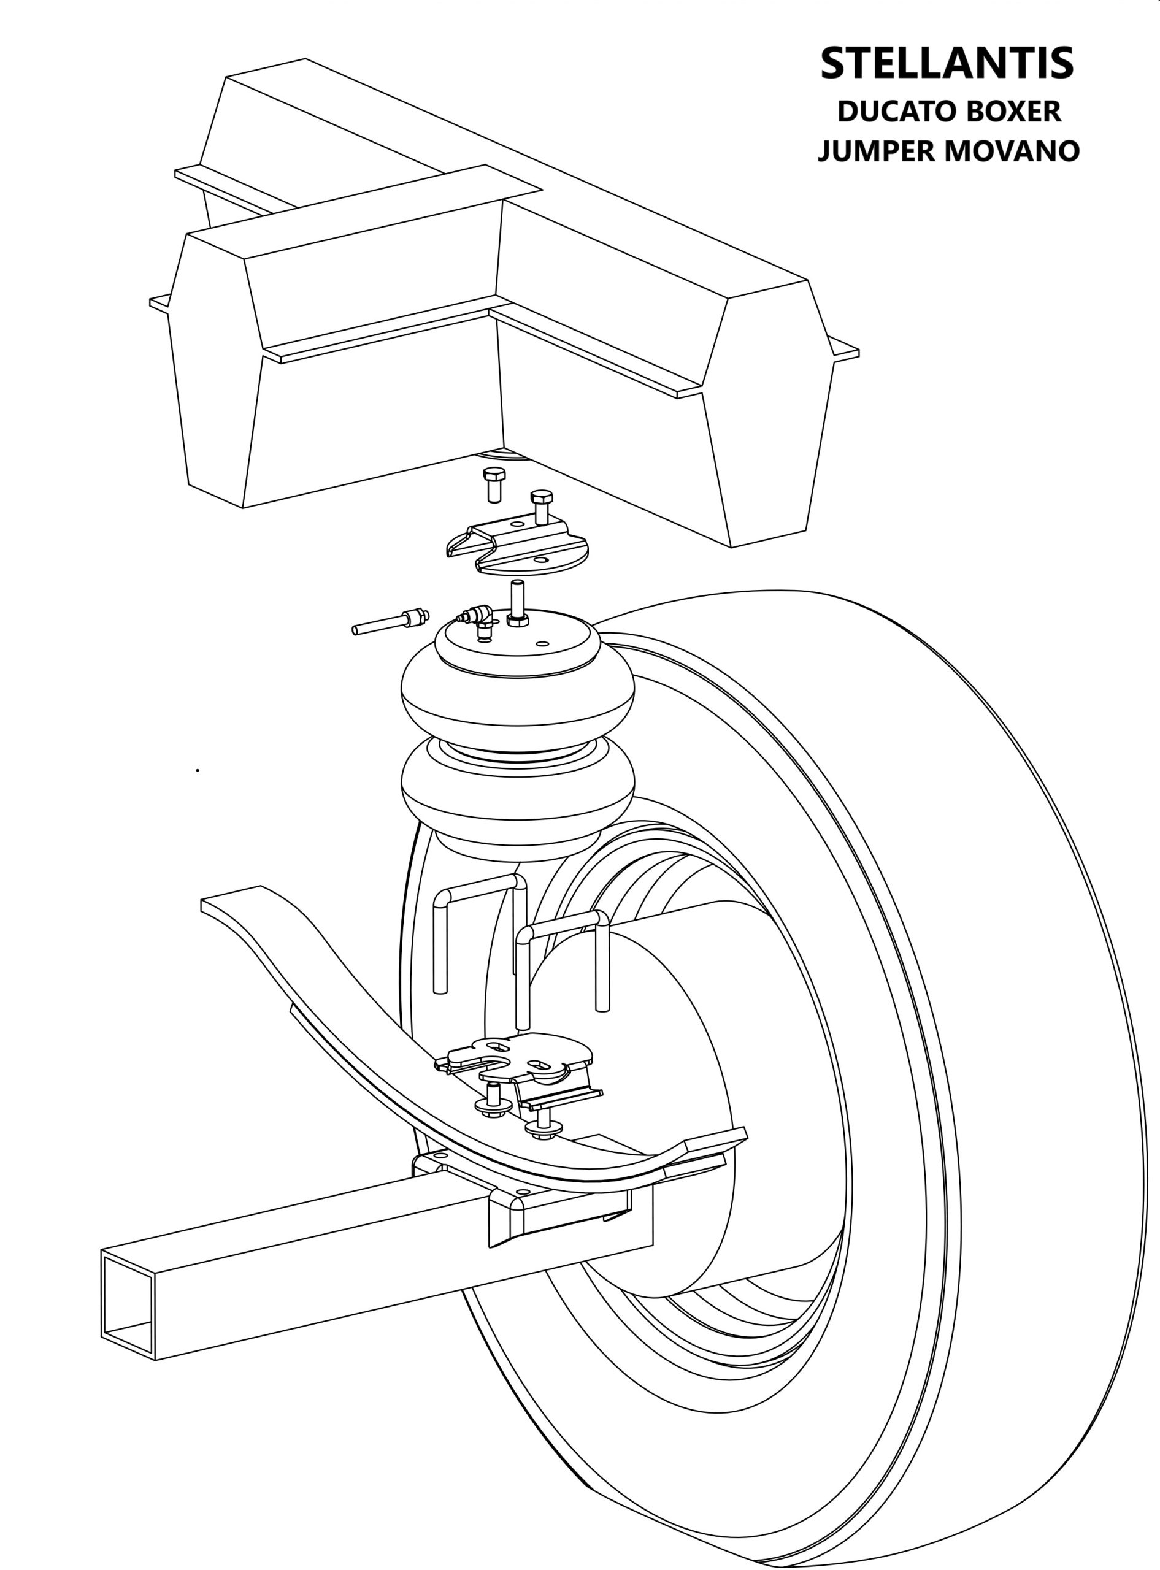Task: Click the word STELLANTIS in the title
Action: point(947,63)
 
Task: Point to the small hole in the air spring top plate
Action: point(542,643)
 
